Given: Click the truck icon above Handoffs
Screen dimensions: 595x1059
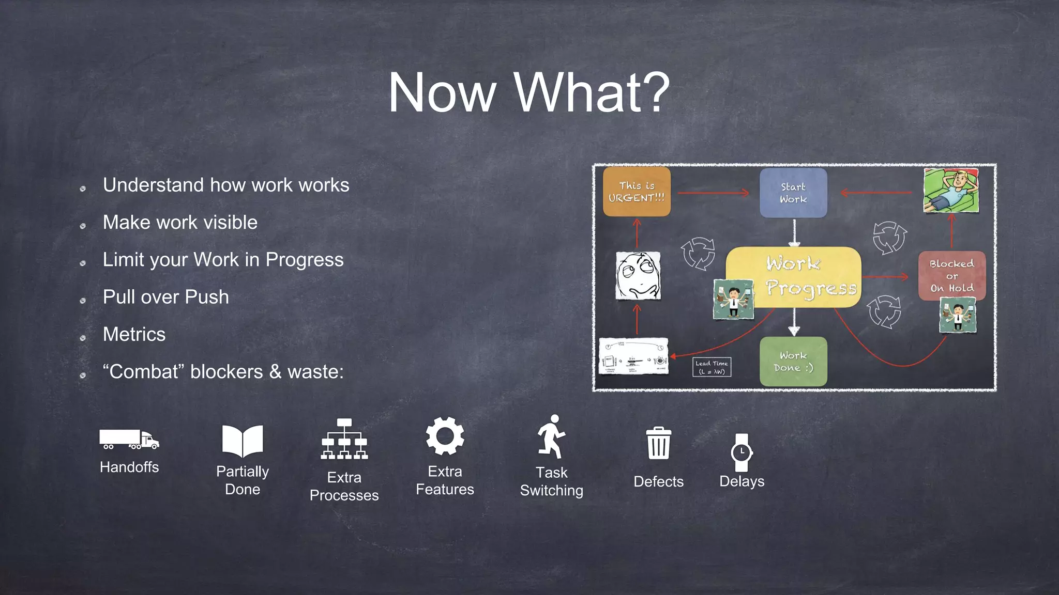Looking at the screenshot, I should tap(129, 440).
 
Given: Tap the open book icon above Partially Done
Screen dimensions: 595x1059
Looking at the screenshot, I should tap(243, 441).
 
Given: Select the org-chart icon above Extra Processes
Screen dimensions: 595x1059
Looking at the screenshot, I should tap(344, 440).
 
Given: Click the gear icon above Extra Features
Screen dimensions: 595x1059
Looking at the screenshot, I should tap(445, 436).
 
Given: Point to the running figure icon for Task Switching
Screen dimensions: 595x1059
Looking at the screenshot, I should tap(551, 437).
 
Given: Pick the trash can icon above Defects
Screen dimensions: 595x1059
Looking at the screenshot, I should tap(658, 443).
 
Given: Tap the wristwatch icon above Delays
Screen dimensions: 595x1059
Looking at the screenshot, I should tap(742, 452).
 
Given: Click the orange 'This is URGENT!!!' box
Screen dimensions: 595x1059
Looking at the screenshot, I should tap(637, 192).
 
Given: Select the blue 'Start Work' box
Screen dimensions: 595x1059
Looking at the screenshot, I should tap(793, 193).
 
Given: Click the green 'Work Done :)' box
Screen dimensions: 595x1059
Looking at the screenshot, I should tap(793, 362).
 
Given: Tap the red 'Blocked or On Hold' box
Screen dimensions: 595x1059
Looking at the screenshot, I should tap(951, 276).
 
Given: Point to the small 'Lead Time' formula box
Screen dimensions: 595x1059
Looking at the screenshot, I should tap(712, 367).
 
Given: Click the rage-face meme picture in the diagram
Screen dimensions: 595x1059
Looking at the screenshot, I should tap(638, 276).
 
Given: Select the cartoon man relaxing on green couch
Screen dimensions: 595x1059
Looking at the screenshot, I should tap(951, 190).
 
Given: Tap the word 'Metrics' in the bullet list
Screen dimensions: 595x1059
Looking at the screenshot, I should tap(134, 335).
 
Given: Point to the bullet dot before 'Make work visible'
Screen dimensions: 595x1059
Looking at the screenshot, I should tap(83, 226).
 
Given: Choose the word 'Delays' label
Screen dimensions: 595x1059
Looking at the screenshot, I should tap(742, 481).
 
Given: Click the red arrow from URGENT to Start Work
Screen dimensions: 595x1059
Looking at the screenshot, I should tap(714, 193).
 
